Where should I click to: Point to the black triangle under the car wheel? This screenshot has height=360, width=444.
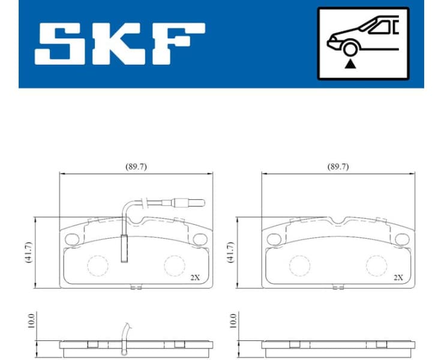349,64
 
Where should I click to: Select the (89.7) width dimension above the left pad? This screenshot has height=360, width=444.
136,167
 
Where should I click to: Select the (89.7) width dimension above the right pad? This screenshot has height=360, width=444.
338,167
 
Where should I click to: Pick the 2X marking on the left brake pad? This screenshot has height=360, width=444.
195,278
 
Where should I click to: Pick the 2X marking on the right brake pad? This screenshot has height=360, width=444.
397,278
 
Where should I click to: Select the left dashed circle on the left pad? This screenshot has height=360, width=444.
97,264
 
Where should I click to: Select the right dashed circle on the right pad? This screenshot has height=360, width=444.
376,264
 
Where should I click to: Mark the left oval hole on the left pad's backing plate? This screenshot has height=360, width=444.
71,239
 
